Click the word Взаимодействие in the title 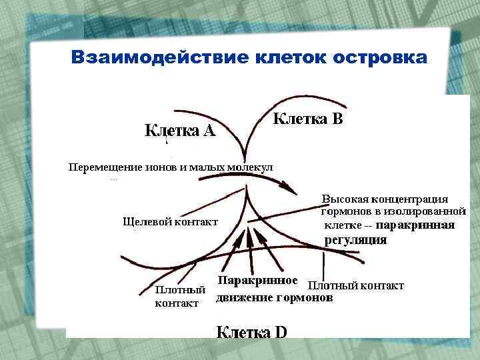click(x=159, y=57)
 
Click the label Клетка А click(x=180, y=131)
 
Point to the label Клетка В click(x=309, y=119)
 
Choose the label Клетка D click(x=251, y=331)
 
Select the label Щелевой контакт click(x=170, y=221)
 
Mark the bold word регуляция click(x=355, y=240)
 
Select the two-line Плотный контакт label click(x=179, y=296)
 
